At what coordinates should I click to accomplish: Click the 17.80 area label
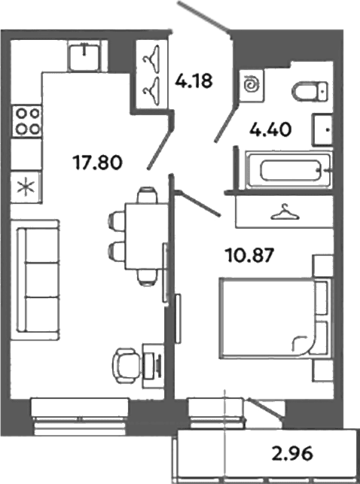[x=97, y=163]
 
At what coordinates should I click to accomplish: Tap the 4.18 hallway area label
[x=194, y=81]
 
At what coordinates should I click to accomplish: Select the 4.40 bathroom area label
[x=270, y=129]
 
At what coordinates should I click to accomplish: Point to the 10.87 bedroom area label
[x=250, y=256]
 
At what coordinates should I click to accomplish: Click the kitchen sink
[x=84, y=56]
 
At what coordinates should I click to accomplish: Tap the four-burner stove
[x=26, y=121]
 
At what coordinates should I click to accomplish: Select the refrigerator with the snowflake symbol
[x=26, y=187]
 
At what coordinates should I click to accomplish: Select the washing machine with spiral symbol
[x=252, y=86]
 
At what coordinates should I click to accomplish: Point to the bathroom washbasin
[x=322, y=129]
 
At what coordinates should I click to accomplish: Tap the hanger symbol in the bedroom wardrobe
[x=285, y=212]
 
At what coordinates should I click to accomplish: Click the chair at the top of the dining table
[x=147, y=194]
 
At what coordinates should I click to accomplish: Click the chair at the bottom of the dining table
[x=147, y=277]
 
